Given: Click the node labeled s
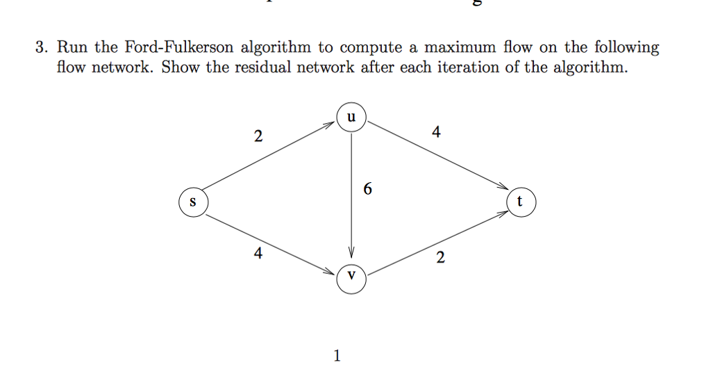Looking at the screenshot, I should click(x=193, y=202).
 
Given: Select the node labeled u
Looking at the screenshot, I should click(x=352, y=117).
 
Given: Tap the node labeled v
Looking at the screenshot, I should click(x=352, y=276).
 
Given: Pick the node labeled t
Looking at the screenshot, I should click(x=521, y=202).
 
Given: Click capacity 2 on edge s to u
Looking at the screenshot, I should click(x=258, y=136).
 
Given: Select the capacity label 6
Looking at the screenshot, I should click(x=367, y=188).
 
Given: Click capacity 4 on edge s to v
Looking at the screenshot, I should click(x=258, y=254).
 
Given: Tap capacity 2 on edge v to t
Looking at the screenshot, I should click(x=440, y=259).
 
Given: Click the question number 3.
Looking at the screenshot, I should click(x=42, y=48).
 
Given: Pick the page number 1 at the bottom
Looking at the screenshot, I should click(x=337, y=357).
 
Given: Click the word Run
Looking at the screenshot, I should click(x=72, y=48).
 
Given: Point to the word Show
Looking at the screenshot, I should click(x=180, y=68).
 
